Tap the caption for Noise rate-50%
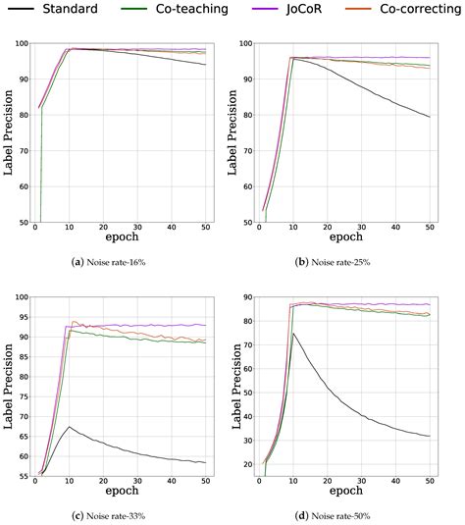pos(349,515)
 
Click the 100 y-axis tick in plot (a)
pos(19,45)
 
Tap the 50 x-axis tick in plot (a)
pos(205,228)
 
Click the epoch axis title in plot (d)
pos(349,493)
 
